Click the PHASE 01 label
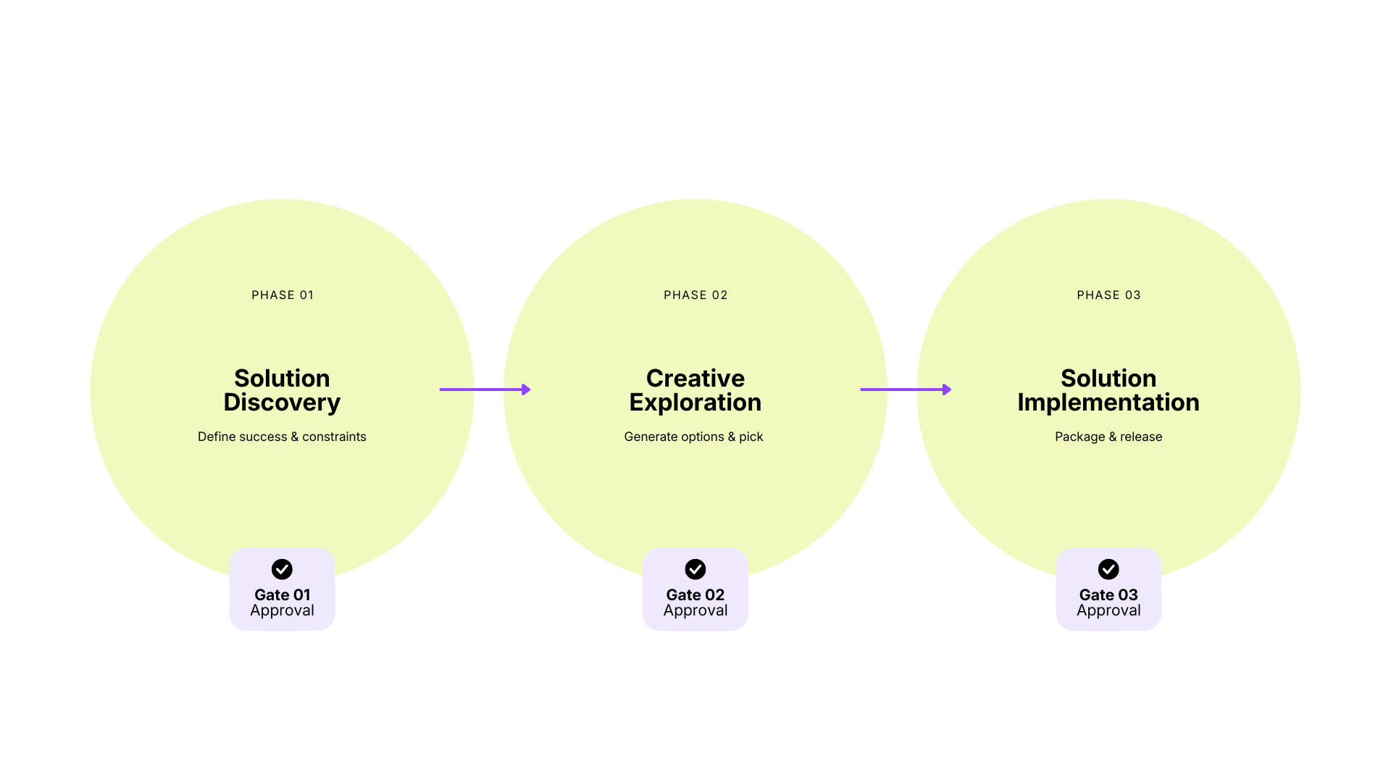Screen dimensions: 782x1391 tap(283, 295)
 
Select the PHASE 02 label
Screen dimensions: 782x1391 tap(695, 295)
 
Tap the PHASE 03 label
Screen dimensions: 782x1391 tap(1108, 295)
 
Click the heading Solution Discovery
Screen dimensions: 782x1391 tap(282, 390)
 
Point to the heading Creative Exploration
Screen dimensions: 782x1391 tap(695, 390)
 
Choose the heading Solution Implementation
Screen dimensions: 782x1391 tap(1108, 390)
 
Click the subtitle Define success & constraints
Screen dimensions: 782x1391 tap(282, 437)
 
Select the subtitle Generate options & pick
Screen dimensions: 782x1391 tap(693, 437)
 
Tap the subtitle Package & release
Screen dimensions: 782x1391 tap(1108, 437)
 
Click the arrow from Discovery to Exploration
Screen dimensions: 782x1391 tap(485, 390)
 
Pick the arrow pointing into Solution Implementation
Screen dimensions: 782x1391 tap(906, 390)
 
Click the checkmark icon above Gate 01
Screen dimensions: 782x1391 tap(282, 569)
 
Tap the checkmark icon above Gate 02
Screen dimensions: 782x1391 tap(695, 569)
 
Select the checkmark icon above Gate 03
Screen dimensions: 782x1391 tap(1108, 569)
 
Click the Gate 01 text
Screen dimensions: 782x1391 tap(282, 594)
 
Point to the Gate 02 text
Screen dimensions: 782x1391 tap(695, 594)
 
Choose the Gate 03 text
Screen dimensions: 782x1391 tap(1108, 594)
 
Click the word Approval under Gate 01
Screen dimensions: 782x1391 tap(282, 610)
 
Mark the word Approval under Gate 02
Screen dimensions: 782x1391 tap(695, 610)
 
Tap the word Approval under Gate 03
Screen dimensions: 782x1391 tap(1108, 610)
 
